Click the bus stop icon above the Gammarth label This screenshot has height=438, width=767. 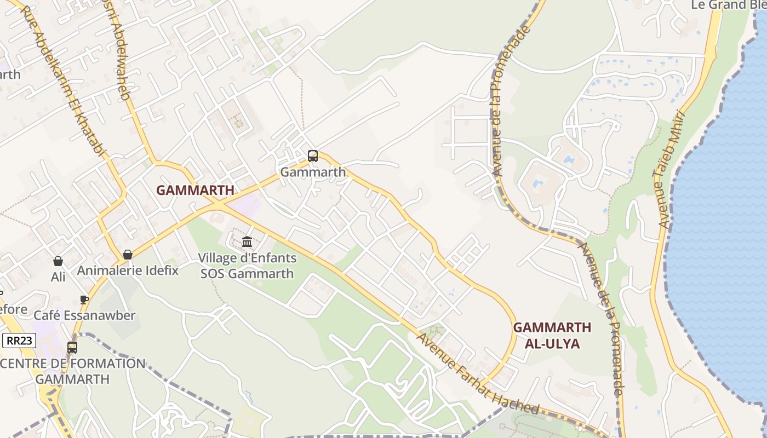point(312,156)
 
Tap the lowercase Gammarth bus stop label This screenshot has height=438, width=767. point(313,172)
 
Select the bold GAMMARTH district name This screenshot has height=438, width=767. point(195,191)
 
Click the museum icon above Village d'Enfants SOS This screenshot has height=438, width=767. point(247,241)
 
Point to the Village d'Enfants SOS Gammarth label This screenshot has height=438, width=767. point(247,266)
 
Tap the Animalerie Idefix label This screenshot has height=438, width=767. point(128,270)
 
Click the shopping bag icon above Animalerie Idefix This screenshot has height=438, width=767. point(128,255)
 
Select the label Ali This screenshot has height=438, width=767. point(58,277)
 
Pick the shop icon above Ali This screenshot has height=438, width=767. point(58,261)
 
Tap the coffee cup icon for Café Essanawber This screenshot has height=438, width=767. point(84,299)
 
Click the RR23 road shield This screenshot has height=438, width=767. point(19,341)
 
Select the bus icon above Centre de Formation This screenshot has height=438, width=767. point(72,347)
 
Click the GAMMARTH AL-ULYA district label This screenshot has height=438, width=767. point(552,336)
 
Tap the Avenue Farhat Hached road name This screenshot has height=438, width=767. point(478,373)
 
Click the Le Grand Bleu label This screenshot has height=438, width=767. point(729,5)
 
